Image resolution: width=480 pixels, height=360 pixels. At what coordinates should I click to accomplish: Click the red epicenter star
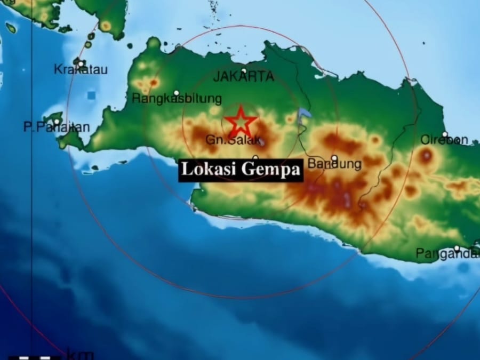point(241,121)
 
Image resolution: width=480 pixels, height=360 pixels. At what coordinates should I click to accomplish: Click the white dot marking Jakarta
point(244,70)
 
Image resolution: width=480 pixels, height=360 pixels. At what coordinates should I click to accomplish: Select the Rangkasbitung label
point(177,99)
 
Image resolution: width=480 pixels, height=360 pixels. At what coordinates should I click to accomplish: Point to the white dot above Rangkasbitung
point(177,92)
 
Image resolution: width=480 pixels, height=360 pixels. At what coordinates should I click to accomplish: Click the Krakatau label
point(81,70)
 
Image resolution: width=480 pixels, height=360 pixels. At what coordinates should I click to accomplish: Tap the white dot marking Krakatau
point(81,63)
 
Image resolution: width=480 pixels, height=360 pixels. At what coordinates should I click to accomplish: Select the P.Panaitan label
point(56,127)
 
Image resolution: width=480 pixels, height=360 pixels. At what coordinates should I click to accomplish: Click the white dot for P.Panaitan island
point(57,121)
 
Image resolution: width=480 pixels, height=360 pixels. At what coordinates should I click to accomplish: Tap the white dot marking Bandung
point(334,158)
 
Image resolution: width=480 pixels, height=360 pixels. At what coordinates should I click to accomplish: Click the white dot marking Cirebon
point(445,134)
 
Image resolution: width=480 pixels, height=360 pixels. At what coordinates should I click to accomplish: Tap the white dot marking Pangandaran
point(457,248)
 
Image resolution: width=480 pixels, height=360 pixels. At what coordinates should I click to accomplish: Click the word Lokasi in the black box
point(209,170)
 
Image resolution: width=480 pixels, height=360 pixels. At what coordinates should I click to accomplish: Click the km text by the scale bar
point(80,354)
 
